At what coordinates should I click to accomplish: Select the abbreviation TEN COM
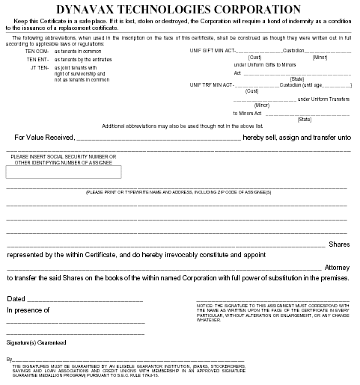click(x=37, y=50)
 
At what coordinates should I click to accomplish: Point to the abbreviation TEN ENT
click(x=37, y=58)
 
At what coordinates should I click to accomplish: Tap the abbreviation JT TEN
click(x=40, y=67)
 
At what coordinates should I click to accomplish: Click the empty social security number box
click(x=64, y=172)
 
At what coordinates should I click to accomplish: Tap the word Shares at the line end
click(x=340, y=244)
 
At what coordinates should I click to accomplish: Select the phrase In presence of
click(x=28, y=309)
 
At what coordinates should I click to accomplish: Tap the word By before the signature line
click(x=9, y=359)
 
